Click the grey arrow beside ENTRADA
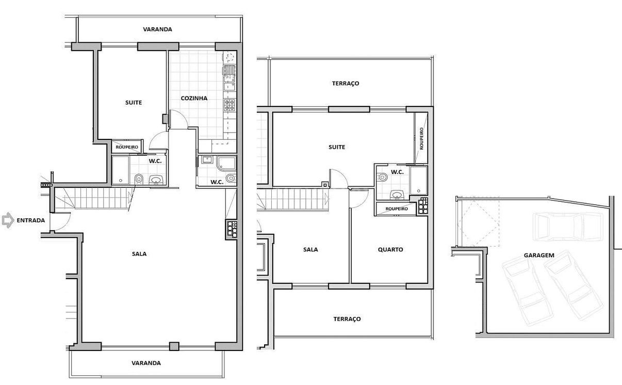pyautogui.click(x=8, y=220)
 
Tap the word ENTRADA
pyautogui.click(x=31, y=220)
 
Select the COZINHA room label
pyautogui.click(x=194, y=98)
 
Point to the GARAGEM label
pyautogui.click(x=539, y=255)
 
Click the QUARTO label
pyautogui.click(x=390, y=249)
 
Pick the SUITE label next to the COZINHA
pyautogui.click(x=134, y=103)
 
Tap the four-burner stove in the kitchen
pyautogui.click(x=230, y=105)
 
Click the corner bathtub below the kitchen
pyautogui.click(x=226, y=163)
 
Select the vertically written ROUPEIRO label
pyautogui.click(x=421, y=139)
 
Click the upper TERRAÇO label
pyautogui.click(x=346, y=83)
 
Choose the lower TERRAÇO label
pyautogui.click(x=347, y=318)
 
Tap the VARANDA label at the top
pyautogui.click(x=157, y=29)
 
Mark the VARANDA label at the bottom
pyautogui.click(x=146, y=363)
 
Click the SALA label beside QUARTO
pyautogui.click(x=310, y=249)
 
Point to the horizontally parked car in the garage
pyautogui.click(x=568, y=227)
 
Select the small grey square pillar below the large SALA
pyautogui.click(x=174, y=346)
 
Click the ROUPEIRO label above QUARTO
pyautogui.click(x=397, y=208)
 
